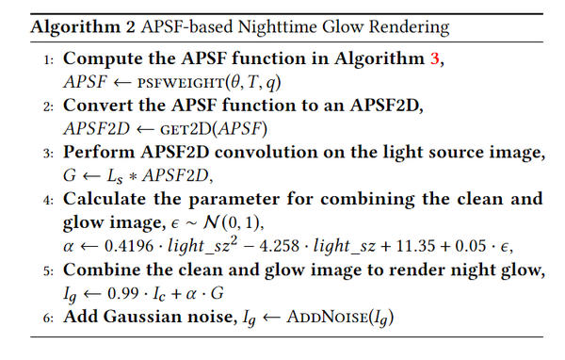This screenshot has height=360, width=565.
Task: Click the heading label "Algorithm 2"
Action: [76, 25]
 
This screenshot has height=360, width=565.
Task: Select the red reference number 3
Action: [435, 58]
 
